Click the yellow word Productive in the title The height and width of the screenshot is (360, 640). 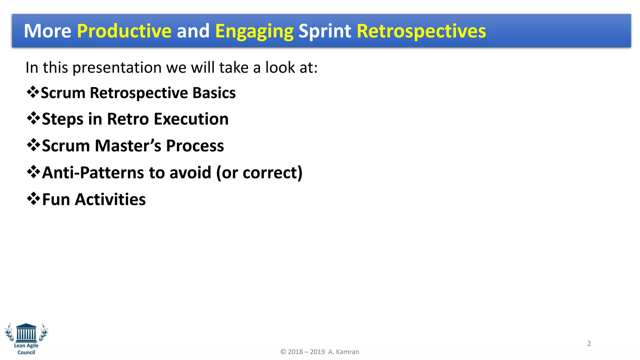coord(124,31)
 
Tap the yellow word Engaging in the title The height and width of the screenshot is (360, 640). coord(254,32)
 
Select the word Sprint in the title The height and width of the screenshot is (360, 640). coord(325,32)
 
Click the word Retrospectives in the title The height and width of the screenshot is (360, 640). coord(421,31)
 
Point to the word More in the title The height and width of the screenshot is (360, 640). coord(47,31)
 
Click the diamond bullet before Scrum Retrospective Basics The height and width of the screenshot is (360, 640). coord(33,92)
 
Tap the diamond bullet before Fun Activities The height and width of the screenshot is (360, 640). coord(33,199)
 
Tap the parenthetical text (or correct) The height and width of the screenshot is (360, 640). coord(259,172)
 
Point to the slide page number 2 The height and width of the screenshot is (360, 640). coord(589,343)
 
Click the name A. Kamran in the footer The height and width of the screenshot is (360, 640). coord(343,352)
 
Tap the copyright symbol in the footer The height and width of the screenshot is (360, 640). coord(283,352)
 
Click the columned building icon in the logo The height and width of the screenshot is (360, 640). coord(26,333)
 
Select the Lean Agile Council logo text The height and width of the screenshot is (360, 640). coord(26,349)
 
